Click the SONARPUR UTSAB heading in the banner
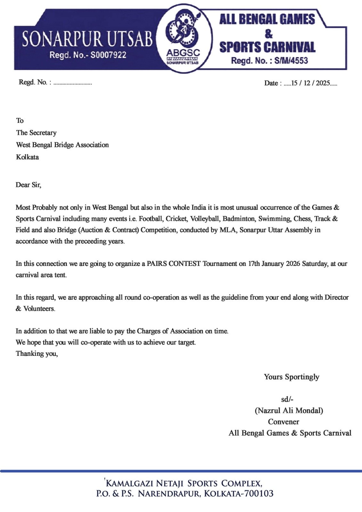[87, 39]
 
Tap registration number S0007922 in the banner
[108, 55]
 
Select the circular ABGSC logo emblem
[183, 38]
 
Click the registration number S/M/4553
[291, 60]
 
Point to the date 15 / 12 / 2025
[310, 83]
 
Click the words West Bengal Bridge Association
[62, 145]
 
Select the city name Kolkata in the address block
[28, 157]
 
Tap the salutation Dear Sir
[28, 185]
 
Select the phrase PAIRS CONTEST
[174, 264]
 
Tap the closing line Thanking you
[37, 354]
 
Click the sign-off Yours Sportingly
[291, 377]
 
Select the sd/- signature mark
[287, 399]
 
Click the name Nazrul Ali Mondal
[289, 411]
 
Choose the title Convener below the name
[284, 422]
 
